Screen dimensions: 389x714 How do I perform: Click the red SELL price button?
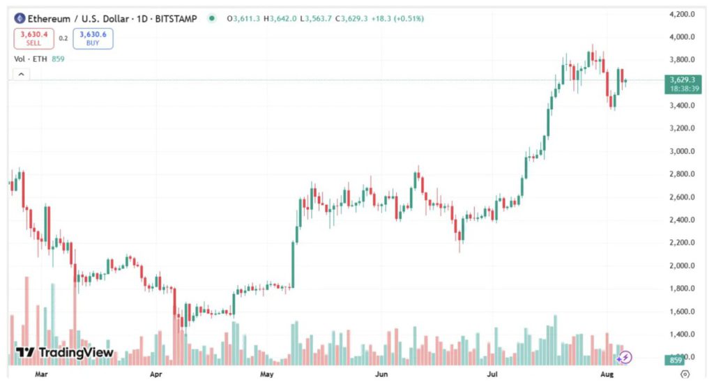(33, 38)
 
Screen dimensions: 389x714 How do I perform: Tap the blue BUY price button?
(93, 38)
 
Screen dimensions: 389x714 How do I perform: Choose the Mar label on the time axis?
(40, 374)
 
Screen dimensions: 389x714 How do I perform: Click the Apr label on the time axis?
(155, 374)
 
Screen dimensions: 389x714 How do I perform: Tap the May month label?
(267, 374)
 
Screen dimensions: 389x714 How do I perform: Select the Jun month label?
(381, 374)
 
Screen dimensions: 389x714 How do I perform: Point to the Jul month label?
(492, 374)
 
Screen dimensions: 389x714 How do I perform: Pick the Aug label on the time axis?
(607, 374)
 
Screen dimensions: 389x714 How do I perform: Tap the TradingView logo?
(64, 353)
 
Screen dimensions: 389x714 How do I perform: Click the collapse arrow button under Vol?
(21, 74)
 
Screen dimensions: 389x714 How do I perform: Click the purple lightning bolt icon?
(625, 358)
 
